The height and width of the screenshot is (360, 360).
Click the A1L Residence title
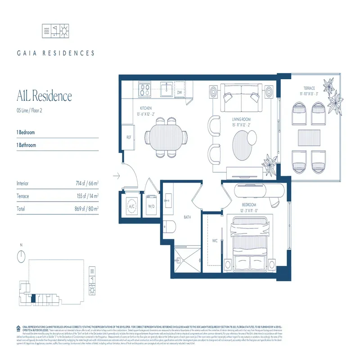44,96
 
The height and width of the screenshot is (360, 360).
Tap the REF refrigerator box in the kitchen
128,138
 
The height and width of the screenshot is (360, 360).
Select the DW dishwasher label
179,93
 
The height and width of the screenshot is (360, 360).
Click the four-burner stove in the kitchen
144,90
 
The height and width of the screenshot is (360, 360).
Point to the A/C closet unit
131,207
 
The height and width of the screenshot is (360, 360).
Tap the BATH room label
188,217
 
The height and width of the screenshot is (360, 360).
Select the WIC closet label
215,241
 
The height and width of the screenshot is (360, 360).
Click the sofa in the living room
243,99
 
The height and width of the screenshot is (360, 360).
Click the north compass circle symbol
21,257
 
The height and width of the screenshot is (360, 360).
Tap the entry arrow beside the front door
117,176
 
